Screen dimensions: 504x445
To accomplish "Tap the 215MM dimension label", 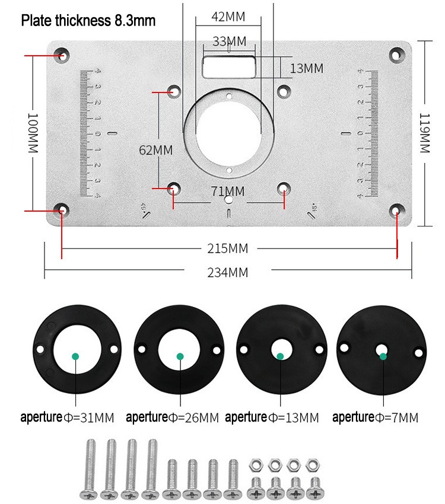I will pos(228,248).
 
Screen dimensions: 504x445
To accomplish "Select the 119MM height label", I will pos(425,133).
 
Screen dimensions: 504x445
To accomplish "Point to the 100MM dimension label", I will pos(33,133).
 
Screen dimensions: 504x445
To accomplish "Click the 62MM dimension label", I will pos(155,150).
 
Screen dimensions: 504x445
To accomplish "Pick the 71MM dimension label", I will pos(228,191).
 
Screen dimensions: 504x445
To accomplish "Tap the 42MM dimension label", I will pos(228,17).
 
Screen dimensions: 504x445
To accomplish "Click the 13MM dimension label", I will pos(307,68).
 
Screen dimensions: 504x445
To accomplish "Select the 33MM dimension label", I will pos(229,42).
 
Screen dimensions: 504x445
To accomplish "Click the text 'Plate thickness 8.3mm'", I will pos(88,21).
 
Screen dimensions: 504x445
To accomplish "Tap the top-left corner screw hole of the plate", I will pos(62,56).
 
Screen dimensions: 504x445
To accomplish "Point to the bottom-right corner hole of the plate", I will pos(396,210).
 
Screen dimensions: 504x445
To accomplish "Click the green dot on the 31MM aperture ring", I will pos(75,356).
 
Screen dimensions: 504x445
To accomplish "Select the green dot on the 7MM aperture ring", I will pos(383,356).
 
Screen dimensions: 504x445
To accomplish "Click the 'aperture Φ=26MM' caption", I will pos(173,417).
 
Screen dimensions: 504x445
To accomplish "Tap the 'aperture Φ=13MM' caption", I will pos(272,417).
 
